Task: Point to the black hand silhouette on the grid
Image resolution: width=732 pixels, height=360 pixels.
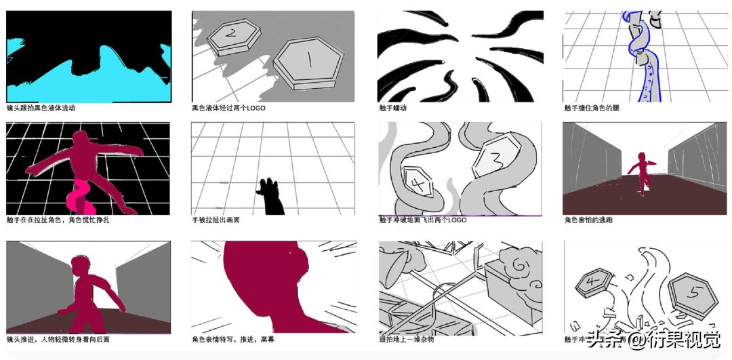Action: (271, 197)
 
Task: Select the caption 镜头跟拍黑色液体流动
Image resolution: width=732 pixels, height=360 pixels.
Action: (41, 108)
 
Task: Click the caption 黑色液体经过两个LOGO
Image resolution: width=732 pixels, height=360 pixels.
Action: (228, 108)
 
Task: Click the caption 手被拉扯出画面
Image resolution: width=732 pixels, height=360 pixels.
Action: (216, 220)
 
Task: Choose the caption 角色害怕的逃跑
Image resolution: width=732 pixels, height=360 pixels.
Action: (588, 220)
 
